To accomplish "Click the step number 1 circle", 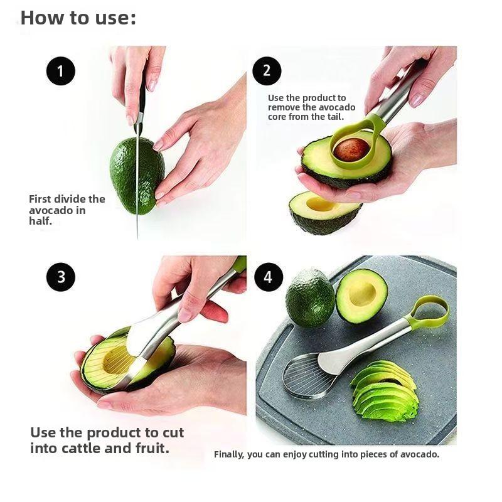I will (x=60, y=72).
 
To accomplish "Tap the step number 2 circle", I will (x=267, y=70).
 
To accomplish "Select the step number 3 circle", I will (x=60, y=277).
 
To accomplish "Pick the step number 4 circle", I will (x=269, y=277).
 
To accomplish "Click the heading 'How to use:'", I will (x=78, y=18).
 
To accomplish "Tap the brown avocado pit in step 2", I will (x=351, y=150).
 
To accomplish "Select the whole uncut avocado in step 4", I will (x=310, y=297).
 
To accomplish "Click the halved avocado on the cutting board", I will (x=361, y=296).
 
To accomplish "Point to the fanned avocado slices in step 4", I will (x=384, y=392).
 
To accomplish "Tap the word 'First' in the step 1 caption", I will (x=41, y=199).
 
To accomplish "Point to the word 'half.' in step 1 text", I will (x=41, y=221).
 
